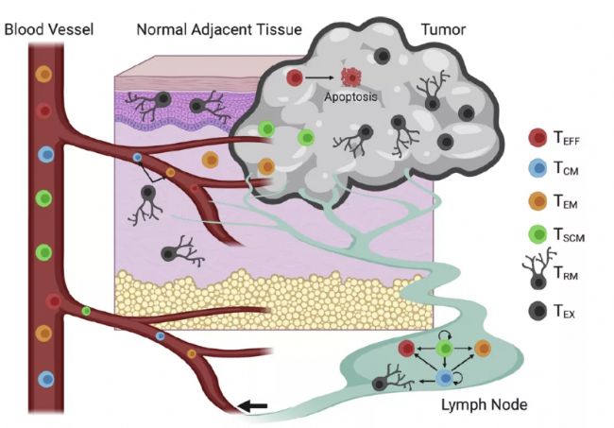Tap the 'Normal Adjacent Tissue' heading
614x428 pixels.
point(219,29)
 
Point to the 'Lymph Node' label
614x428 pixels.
point(483,405)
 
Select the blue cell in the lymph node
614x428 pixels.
point(445,378)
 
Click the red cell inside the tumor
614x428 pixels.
point(296,77)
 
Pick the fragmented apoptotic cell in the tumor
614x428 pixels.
point(351,77)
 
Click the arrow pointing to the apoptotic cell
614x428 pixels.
point(323,77)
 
